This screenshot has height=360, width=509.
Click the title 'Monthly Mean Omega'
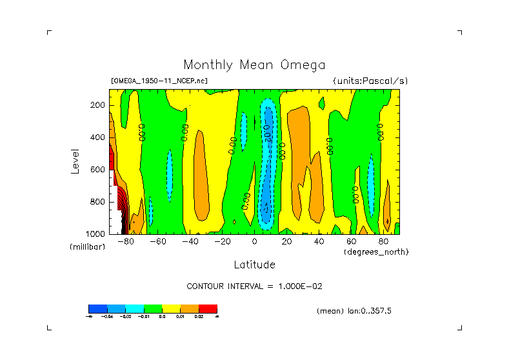pyautogui.click(x=254, y=65)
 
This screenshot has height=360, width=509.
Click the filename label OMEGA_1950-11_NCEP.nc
pyautogui.click(x=159, y=81)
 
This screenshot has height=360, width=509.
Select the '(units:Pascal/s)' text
pyautogui.click(x=370, y=81)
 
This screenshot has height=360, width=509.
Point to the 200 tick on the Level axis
pyautogui.click(x=98, y=105)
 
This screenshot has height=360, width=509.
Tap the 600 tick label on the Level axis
pyautogui.click(x=98, y=170)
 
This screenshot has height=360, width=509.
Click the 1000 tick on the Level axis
pyautogui.click(x=96, y=234)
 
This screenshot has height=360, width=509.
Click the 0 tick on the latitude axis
pyautogui.click(x=254, y=242)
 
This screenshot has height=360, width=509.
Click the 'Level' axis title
pyautogui.click(x=76, y=159)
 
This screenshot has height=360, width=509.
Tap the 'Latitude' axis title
pyautogui.click(x=254, y=265)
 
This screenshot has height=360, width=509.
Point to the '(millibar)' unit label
pyautogui.click(x=87, y=247)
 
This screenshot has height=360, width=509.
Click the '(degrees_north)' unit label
pyautogui.click(x=375, y=251)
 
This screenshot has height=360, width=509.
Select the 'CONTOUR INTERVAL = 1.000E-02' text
pyautogui.click(x=254, y=286)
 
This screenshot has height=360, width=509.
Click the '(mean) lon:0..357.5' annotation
pyautogui.click(x=354, y=311)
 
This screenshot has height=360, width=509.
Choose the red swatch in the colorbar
pyautogui.click(x=208, y=308)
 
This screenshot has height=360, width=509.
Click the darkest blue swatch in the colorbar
pyautogui.click(x=97, y=308)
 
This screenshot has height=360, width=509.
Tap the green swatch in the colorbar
pyautogui.click(x=153, y=308)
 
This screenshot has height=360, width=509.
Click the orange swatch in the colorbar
pyautogui.click(x=190, y=308)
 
